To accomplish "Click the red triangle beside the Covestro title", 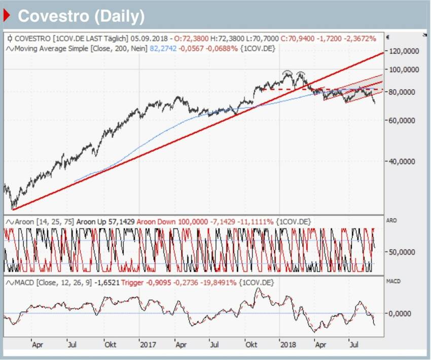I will pos(7,16).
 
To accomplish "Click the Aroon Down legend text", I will pos(155,222).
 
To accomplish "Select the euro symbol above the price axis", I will pos(387,37).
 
